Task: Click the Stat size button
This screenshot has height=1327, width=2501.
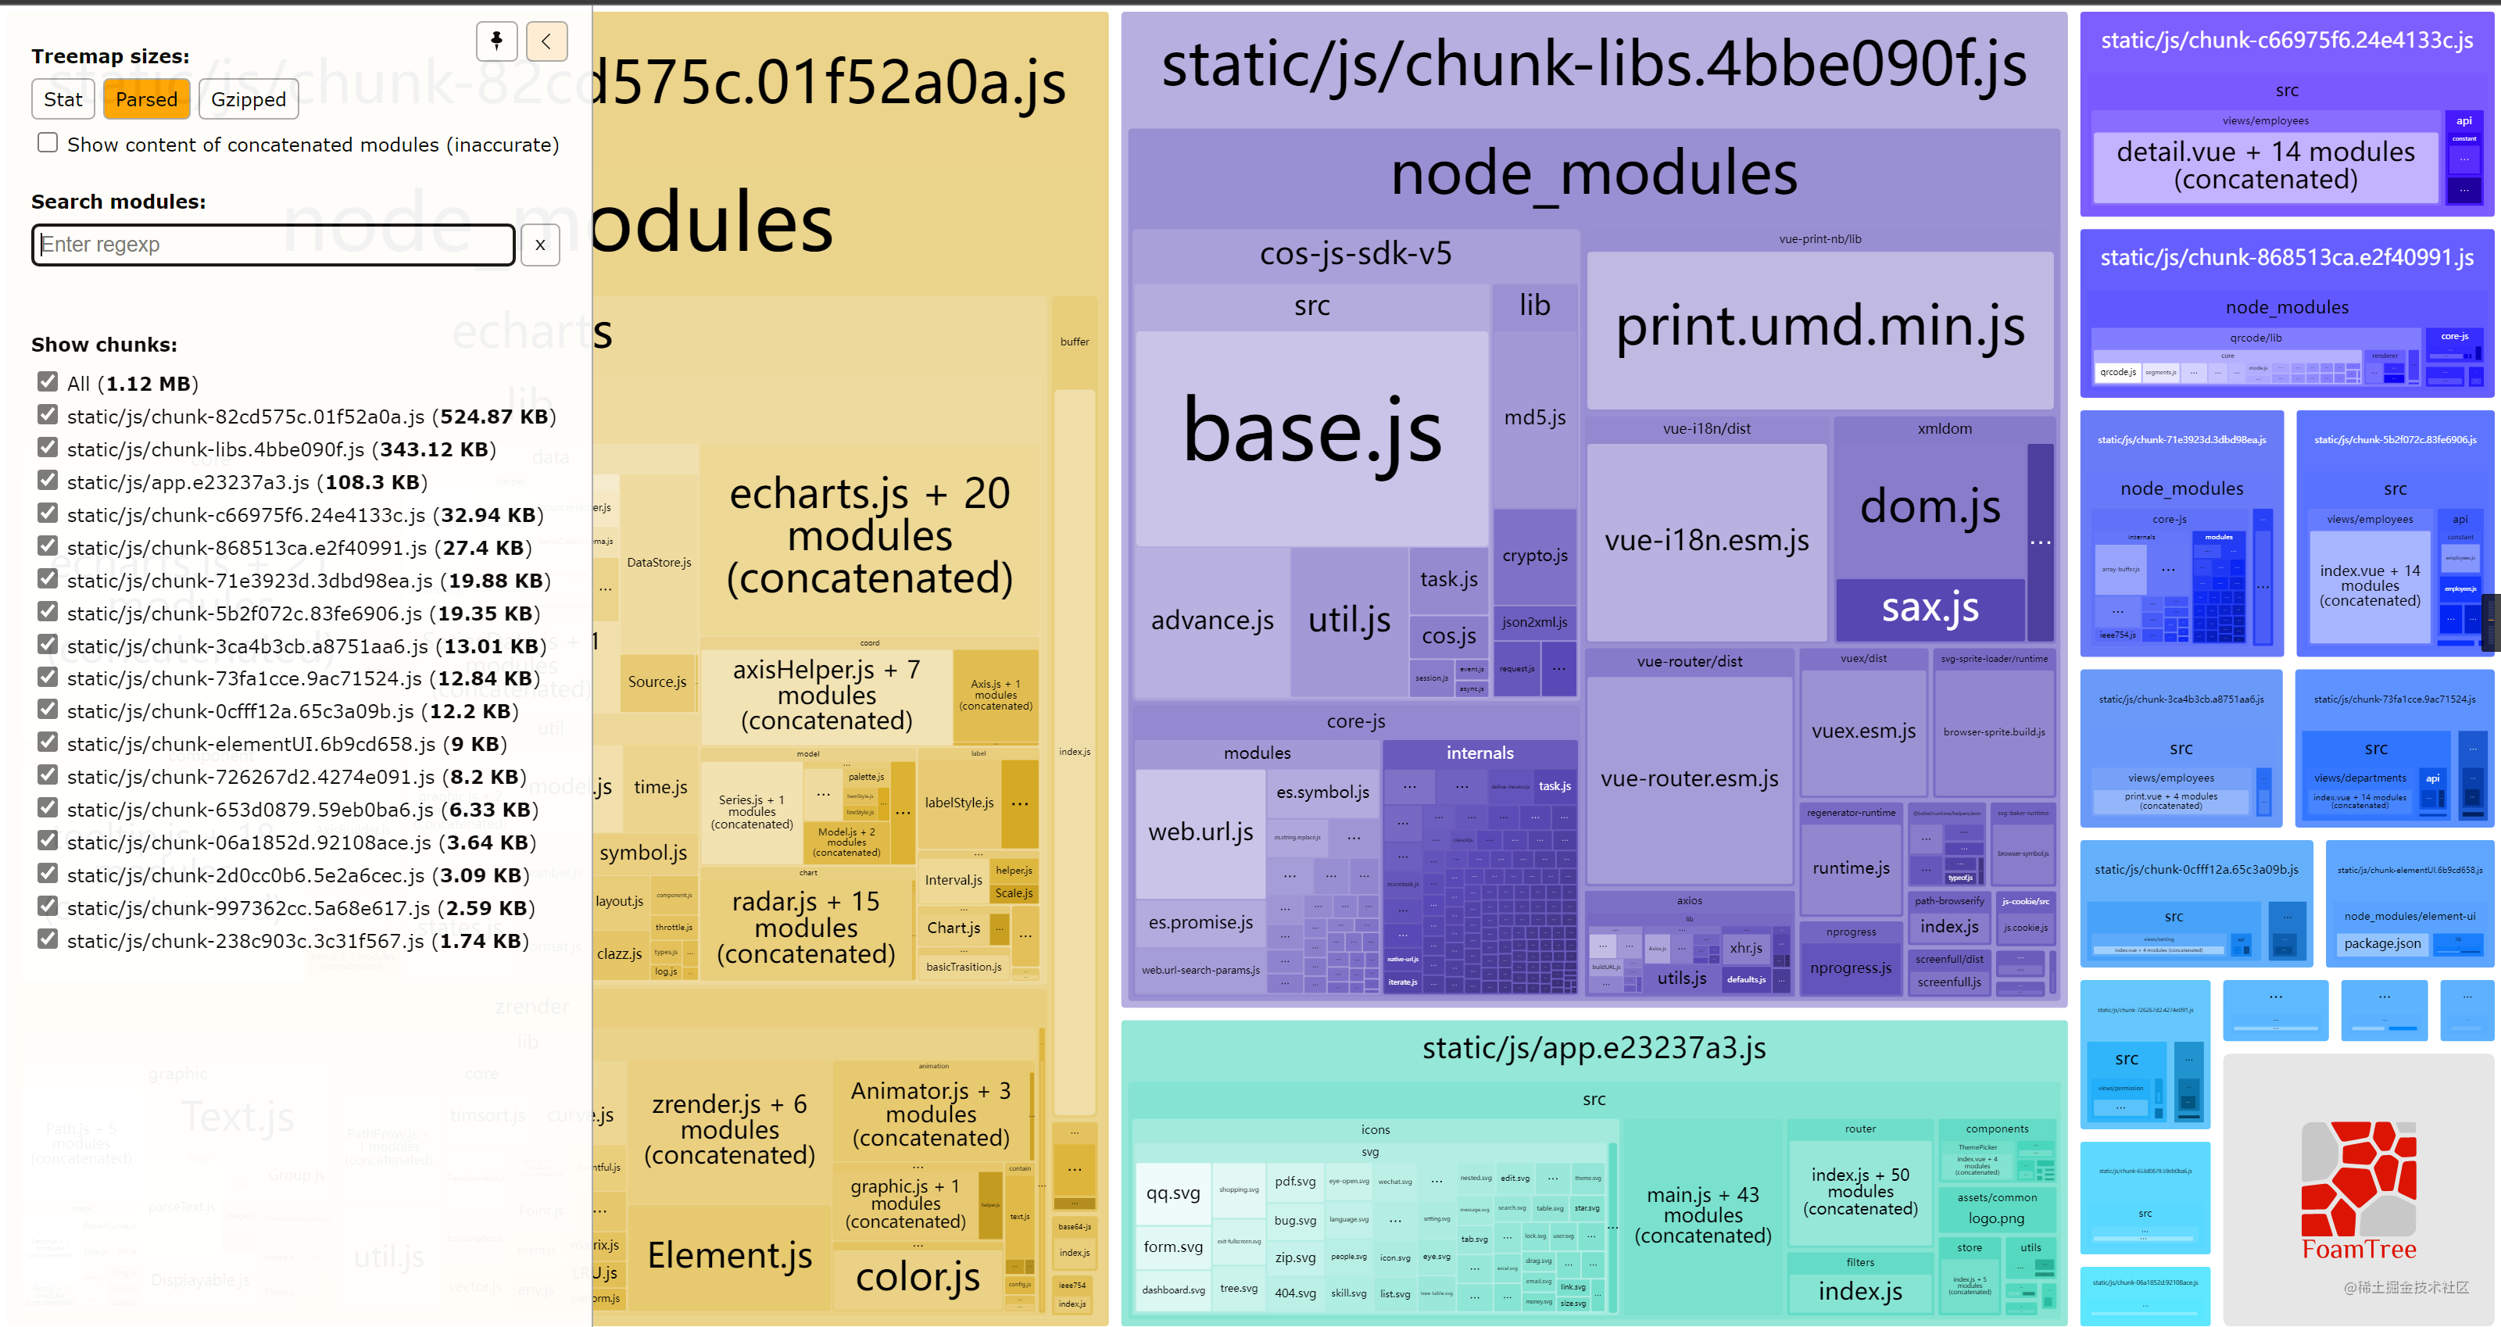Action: [x=63, y=99]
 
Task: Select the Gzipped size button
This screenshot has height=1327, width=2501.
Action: [x=249, y=99]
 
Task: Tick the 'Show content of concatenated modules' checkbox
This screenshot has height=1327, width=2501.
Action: [x=48, y=143]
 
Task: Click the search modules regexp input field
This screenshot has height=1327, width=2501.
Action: [x=273, y=245]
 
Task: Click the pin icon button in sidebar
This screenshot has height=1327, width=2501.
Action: [x=496, y=41]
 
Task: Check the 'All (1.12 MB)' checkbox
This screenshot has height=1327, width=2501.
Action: [x=48, y=381]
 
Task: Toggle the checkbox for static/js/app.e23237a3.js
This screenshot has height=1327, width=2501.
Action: [x=48, y=481]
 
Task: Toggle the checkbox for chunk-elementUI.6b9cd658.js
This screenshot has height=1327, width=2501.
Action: [x=48, y=742]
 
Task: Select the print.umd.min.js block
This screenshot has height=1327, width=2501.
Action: [x=1819, y=327]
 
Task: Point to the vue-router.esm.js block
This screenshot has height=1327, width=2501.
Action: [x=1689, y=778]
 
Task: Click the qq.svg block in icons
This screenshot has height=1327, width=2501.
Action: [x=1173, y=1193]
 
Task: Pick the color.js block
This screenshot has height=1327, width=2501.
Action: [x=918, y=1278]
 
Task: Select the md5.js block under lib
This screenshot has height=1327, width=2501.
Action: [x=1534, y=417]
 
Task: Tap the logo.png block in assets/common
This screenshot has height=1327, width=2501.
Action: [x=1996, y=1218]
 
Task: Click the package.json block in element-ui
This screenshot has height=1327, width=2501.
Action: [x=2381, y=943]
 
